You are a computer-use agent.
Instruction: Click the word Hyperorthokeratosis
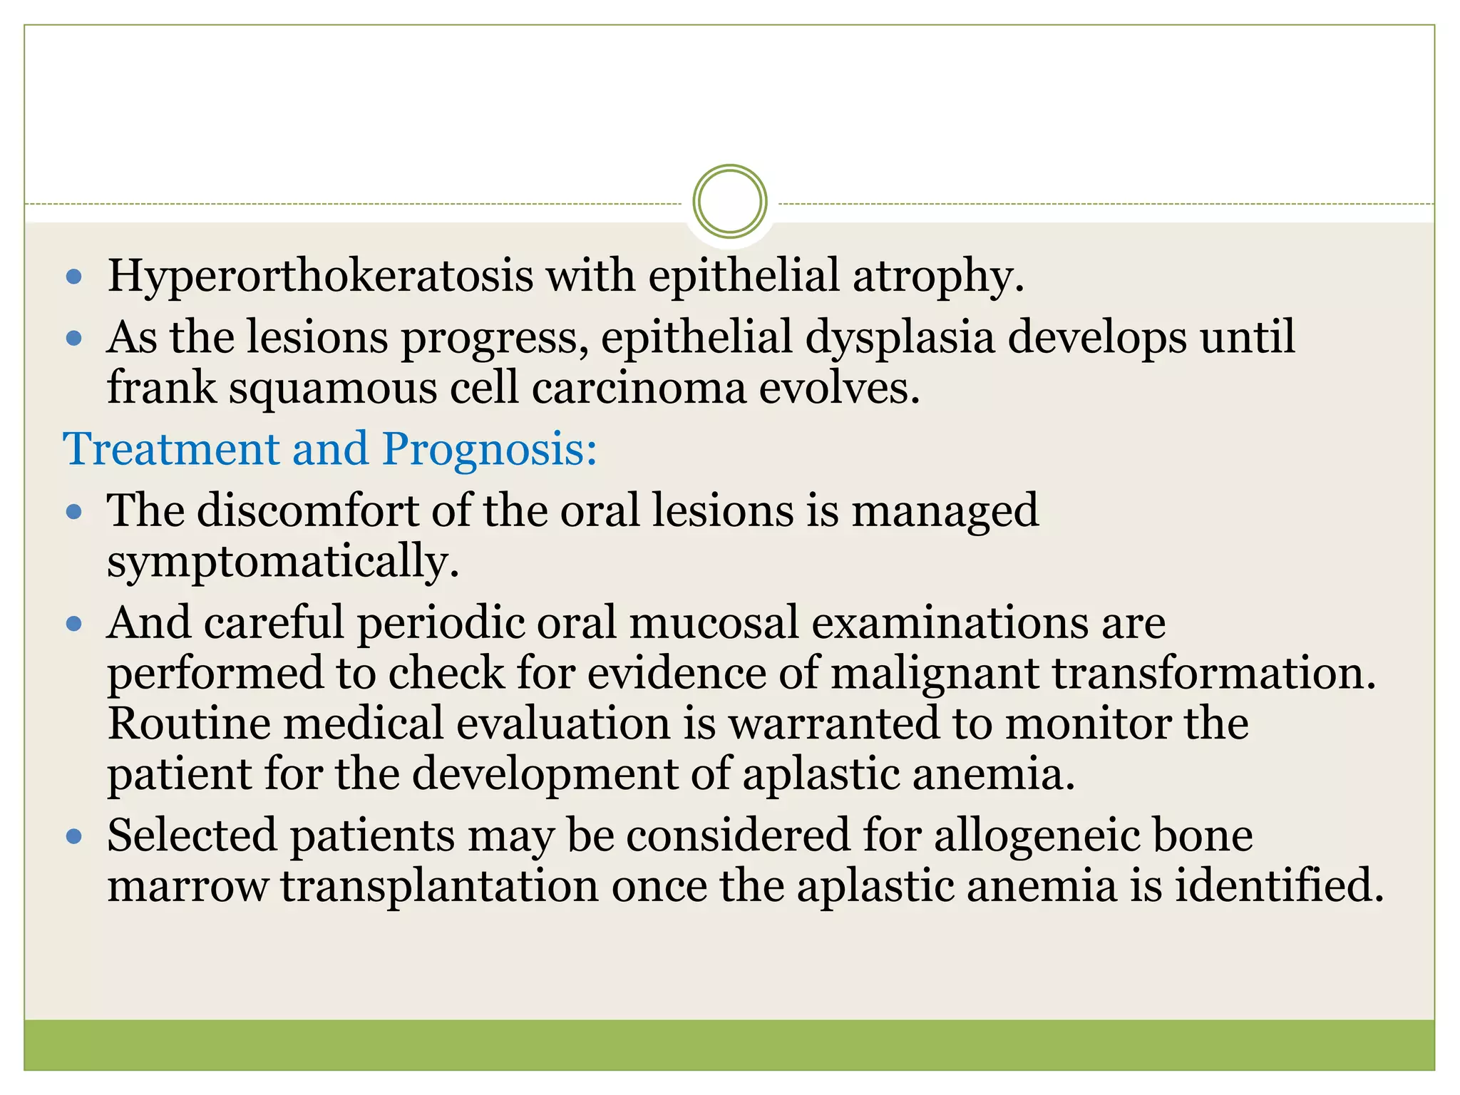tap(319, 277)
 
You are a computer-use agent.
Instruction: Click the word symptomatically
tap(282, 562)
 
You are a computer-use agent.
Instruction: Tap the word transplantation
tap(439, 887)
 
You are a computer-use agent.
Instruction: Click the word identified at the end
tap(1279, 887)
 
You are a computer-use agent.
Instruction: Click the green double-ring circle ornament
tap(729, 202)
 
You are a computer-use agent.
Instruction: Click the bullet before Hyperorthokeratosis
tap(74, 277)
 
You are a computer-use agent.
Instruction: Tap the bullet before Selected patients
tap(74, 836)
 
